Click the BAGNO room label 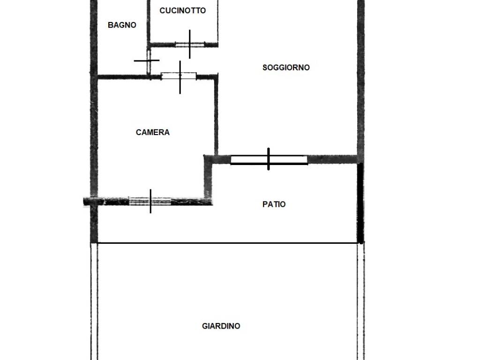pyautogui.click(x=122, y=25)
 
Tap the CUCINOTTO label pyautogui.click(x=182, y=11)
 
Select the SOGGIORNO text pyautogui.click(x=286, y=67)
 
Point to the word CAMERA pyautogui.click(x=152, y=132)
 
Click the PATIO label pyautogui.click(x=274, y=204)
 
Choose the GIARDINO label pyautogui.click(x=221, y=326)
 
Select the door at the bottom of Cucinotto pyautogui.click(x=190, y=45)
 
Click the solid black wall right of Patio pyautogui.click(x=360, y=203)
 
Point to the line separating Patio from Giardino pyautogui.click(x=227, y=243)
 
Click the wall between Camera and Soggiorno pyautogui.click(x=216, y=116)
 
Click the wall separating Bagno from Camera pyautogui.click(x=124, y=77)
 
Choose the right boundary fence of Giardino pyautogui.click(x=361, y=301)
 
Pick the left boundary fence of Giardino pyautogui.click(x=94, y=301)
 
